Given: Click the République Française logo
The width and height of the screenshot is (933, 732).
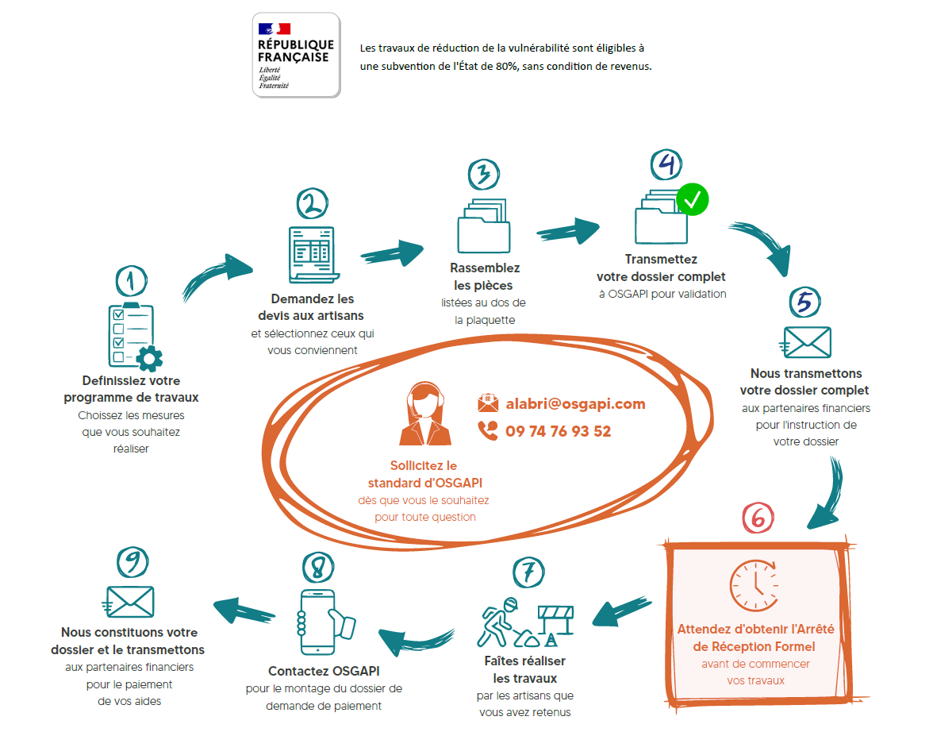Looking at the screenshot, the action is click(297, 55).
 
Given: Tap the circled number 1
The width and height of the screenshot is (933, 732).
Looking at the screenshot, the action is click(132, 281).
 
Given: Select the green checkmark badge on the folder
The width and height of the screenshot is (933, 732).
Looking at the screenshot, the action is click(693, 199).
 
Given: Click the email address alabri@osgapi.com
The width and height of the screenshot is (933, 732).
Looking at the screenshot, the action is click(575, 404).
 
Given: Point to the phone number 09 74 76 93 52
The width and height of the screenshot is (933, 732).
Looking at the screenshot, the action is click(559, 431).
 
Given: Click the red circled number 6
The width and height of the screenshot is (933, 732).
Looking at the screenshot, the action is click(758, 518).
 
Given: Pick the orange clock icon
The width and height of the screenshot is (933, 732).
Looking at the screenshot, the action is click(754, 585).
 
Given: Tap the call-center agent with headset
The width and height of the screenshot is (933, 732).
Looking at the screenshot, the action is click(425, 414).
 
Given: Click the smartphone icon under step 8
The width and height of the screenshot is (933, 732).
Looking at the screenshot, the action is click(325, 622).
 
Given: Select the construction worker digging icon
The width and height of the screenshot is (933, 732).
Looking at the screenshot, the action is click(525, 622).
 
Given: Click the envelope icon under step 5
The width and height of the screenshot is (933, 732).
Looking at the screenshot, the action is click(806, 342).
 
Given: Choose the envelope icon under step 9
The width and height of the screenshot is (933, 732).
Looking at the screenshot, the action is click(129, 602).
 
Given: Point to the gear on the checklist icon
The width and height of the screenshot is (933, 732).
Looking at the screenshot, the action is click(149, 358).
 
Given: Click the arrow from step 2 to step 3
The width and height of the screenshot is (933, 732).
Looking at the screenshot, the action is click(392, 253).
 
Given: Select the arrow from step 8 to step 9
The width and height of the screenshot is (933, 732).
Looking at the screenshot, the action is click(244, 611).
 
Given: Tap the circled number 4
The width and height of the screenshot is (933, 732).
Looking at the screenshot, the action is click(666, 165).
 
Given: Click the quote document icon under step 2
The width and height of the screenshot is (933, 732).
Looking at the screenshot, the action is click(313, 255).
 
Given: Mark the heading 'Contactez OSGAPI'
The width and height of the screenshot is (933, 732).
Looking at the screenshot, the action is click(324, 671).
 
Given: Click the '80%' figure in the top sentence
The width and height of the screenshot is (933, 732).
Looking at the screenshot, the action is click(506, 66).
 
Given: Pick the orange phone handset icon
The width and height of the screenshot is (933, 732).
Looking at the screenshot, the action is click(488, 430).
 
